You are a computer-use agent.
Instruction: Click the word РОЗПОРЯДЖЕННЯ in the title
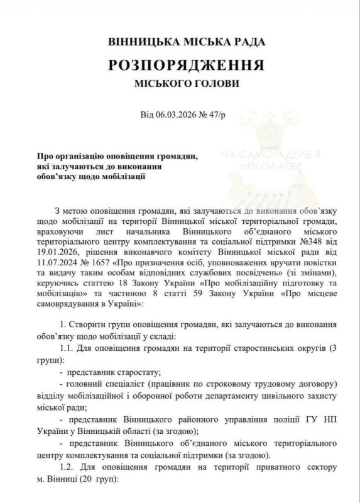click(x=187, y=65)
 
